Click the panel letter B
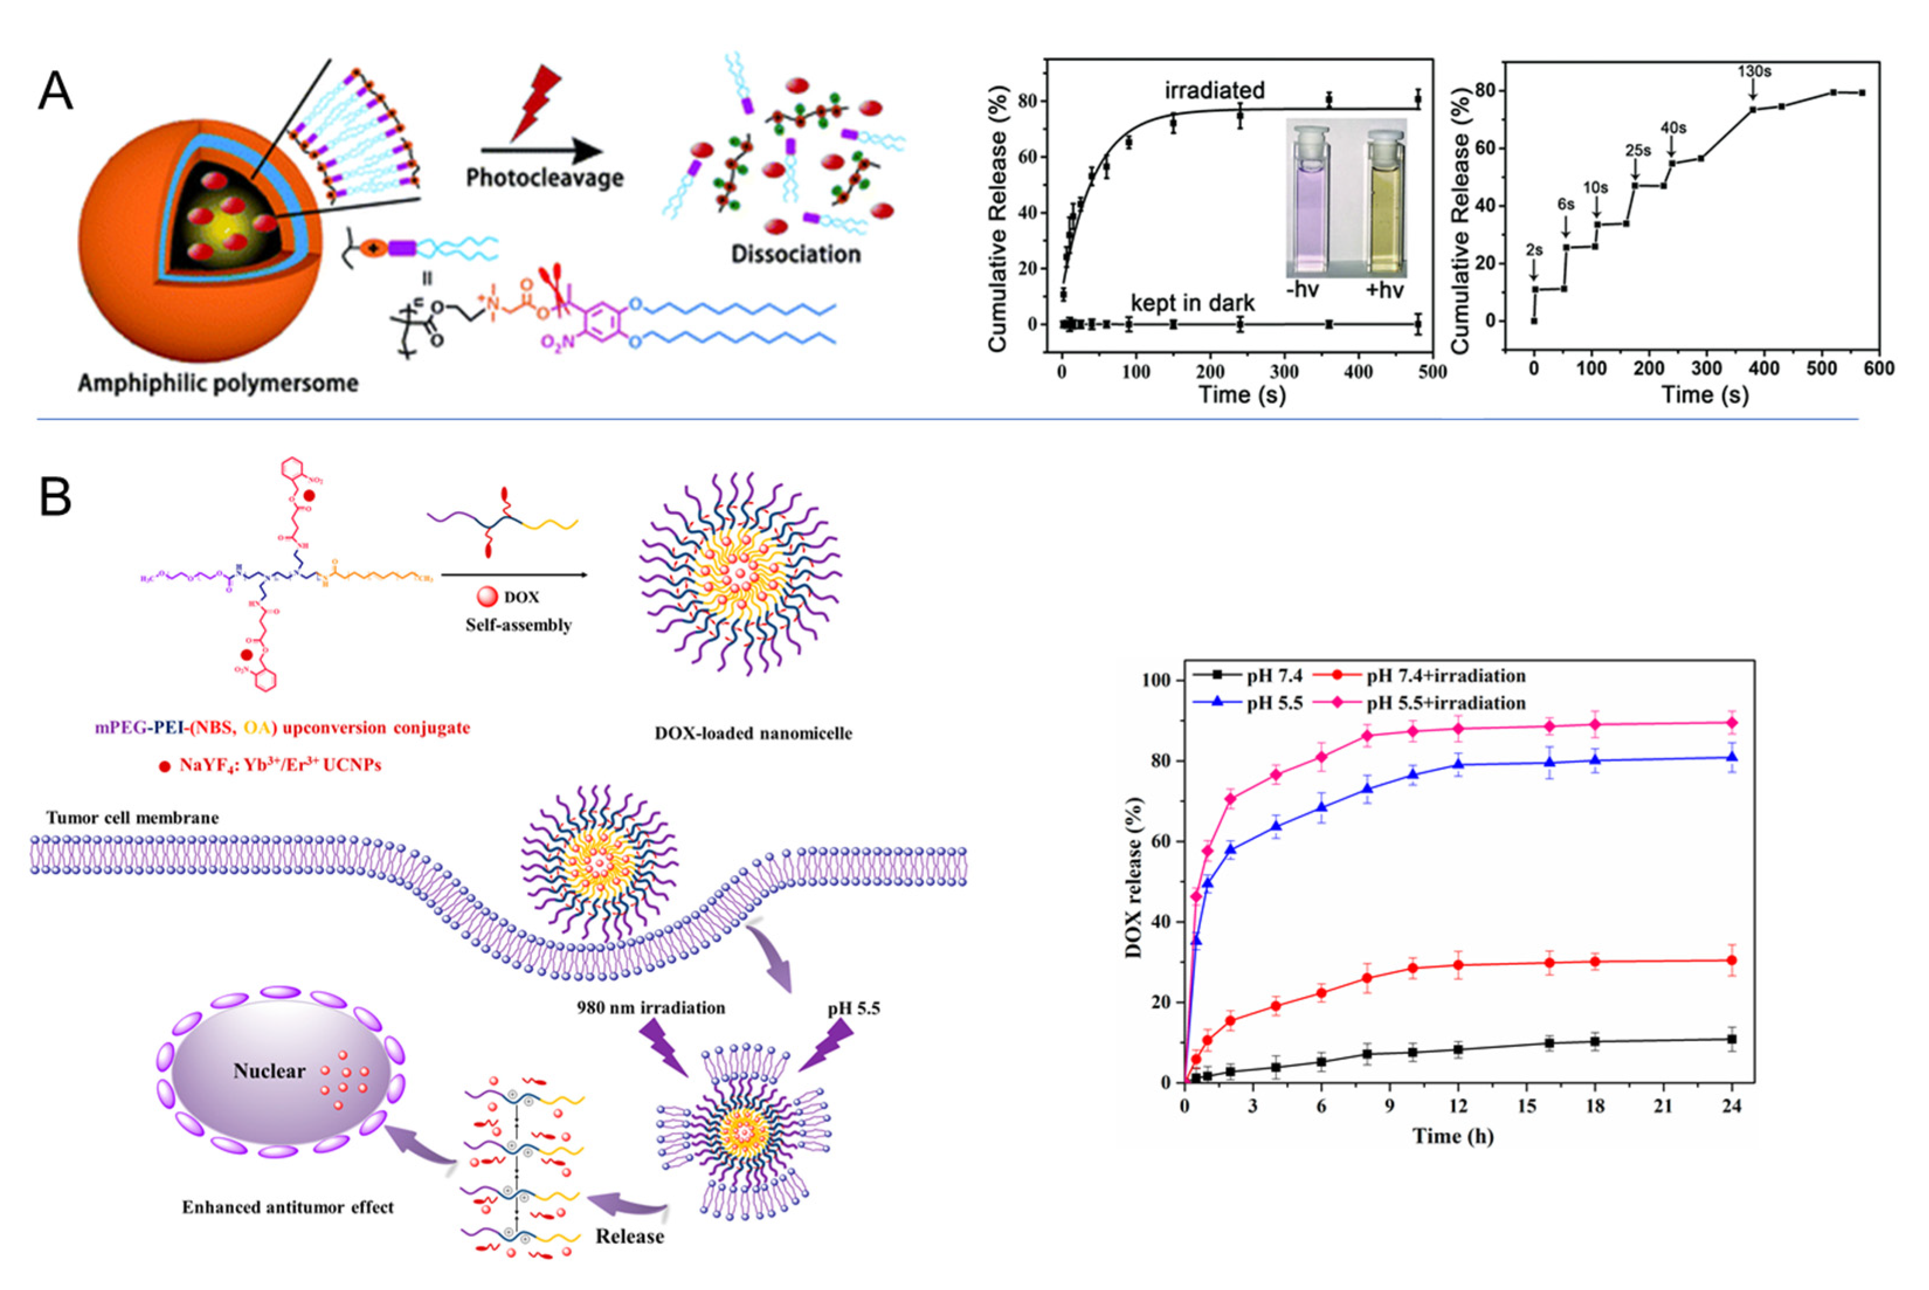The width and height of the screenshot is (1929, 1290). (x=56, y=498)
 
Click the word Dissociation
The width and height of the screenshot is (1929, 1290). (x=795, y=254)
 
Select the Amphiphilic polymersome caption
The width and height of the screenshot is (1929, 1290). (x=218, y=383)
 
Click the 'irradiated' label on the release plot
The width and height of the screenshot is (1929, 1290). (x=1214, y=91)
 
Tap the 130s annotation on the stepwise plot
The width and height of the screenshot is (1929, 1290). (x=1754, y=72)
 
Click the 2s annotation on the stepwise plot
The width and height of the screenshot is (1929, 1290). (x=1534, y=250)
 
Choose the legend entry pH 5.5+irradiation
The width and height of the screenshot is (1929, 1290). (x=1446, y=703)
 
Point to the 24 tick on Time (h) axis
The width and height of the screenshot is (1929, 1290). (x=1731, y=1107)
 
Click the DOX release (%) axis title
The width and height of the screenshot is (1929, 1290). (x=1134, y=879)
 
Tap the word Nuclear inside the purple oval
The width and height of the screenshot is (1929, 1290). (x=268, y=1071)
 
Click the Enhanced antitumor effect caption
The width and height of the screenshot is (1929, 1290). (x=288, y=1207)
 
